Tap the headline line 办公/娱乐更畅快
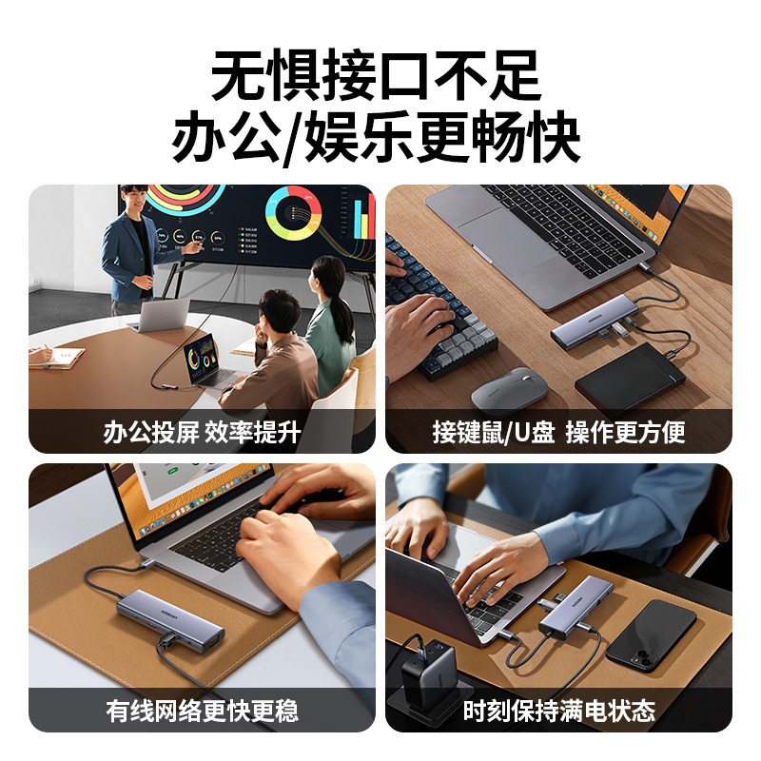coord(380,140)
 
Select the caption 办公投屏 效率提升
coord(202,433)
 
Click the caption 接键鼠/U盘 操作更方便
coord(558,433)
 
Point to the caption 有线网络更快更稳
coord(202,711)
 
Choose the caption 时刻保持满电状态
coord(558,711)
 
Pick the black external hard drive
coord(629,380)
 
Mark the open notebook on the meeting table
coord(55,356)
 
